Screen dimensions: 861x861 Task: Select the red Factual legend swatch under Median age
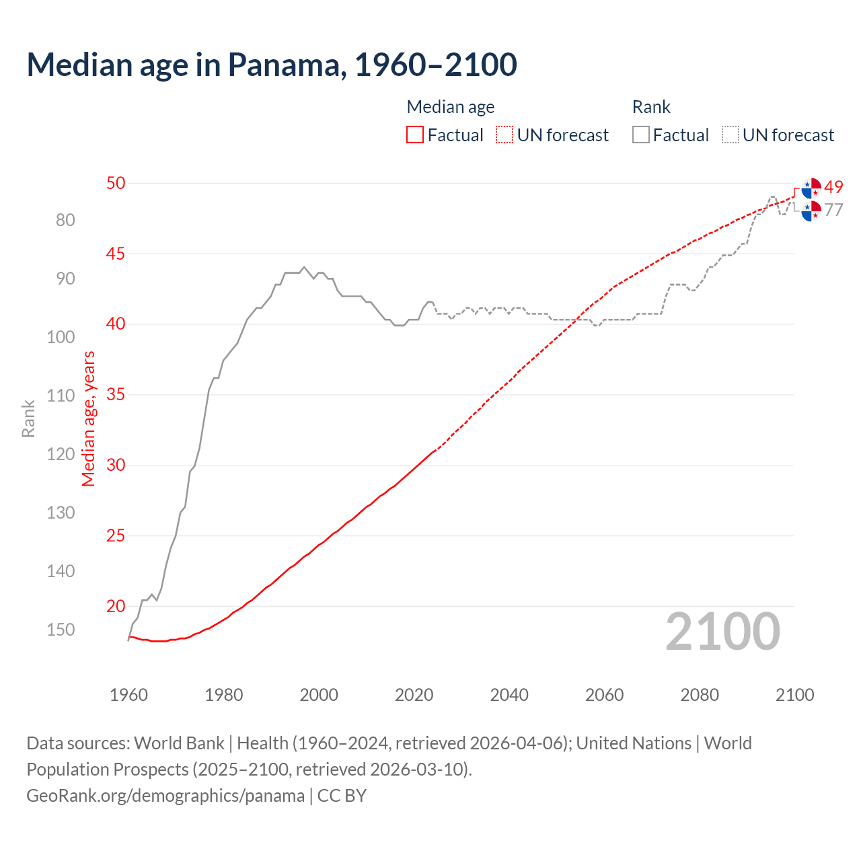click(415, 135)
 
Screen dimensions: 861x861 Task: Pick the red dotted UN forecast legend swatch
click(504, 135)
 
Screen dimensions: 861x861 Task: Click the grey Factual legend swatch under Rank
click(641, 135)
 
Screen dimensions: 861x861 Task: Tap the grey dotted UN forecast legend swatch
click(731, 135)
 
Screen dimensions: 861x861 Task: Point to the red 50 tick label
click(116, 183)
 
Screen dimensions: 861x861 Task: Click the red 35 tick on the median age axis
click(116, 395)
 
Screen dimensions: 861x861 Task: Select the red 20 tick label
click(116, 606)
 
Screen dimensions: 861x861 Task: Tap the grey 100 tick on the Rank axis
click(61, 337)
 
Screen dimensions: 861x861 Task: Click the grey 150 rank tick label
click(61, 630)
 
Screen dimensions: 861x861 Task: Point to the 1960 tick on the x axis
click(128, 695)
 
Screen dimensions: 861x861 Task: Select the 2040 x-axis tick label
click(509, 695)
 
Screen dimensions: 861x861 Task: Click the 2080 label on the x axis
click(700, 695)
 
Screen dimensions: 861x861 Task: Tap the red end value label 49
click(833, 187)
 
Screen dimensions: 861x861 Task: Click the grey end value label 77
click(833, 210)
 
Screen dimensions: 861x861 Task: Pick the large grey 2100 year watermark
click(722, 632)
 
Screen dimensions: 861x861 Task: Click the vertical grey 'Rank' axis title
click(28, 418)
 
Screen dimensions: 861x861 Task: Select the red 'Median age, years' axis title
click(89, 418)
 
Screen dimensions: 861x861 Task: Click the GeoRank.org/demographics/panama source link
click(165, 796)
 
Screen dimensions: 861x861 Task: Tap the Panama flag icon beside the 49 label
click(812, 188)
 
